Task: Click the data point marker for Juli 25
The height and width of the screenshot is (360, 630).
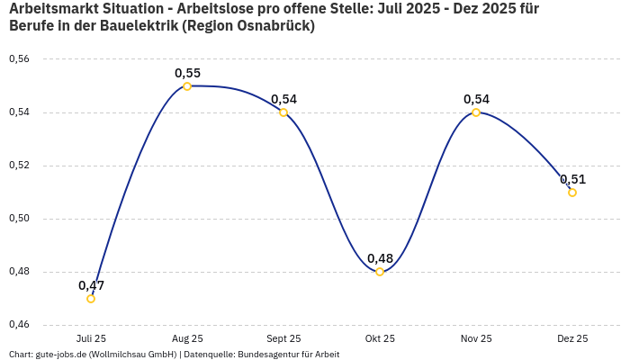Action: [91, 299]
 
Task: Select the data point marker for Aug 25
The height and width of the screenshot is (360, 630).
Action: [187, 86]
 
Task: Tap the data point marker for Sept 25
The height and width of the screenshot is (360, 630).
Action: [283, 112]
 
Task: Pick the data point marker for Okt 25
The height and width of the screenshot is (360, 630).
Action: [380, 272]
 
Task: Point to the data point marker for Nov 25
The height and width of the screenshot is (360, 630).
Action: [476, 112]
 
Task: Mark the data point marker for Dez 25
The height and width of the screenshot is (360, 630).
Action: [572, 193]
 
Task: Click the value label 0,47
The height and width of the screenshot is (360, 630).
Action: [91, 285]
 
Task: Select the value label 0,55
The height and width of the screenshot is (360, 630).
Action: [187, 73]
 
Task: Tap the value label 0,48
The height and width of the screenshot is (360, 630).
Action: [380, 258]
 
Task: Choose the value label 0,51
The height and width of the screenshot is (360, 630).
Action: [572, 179]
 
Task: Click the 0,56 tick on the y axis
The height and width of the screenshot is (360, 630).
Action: [19, 59]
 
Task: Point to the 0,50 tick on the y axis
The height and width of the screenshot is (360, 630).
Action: [19, 219]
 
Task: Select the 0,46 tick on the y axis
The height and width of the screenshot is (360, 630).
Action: [19, 325]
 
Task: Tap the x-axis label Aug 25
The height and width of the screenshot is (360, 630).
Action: [187, 339]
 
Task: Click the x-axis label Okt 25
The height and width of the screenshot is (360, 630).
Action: [380, 339]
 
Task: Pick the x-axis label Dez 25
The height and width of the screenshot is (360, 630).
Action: [572, 339]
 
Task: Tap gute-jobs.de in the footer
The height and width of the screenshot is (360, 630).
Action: [62, 355]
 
